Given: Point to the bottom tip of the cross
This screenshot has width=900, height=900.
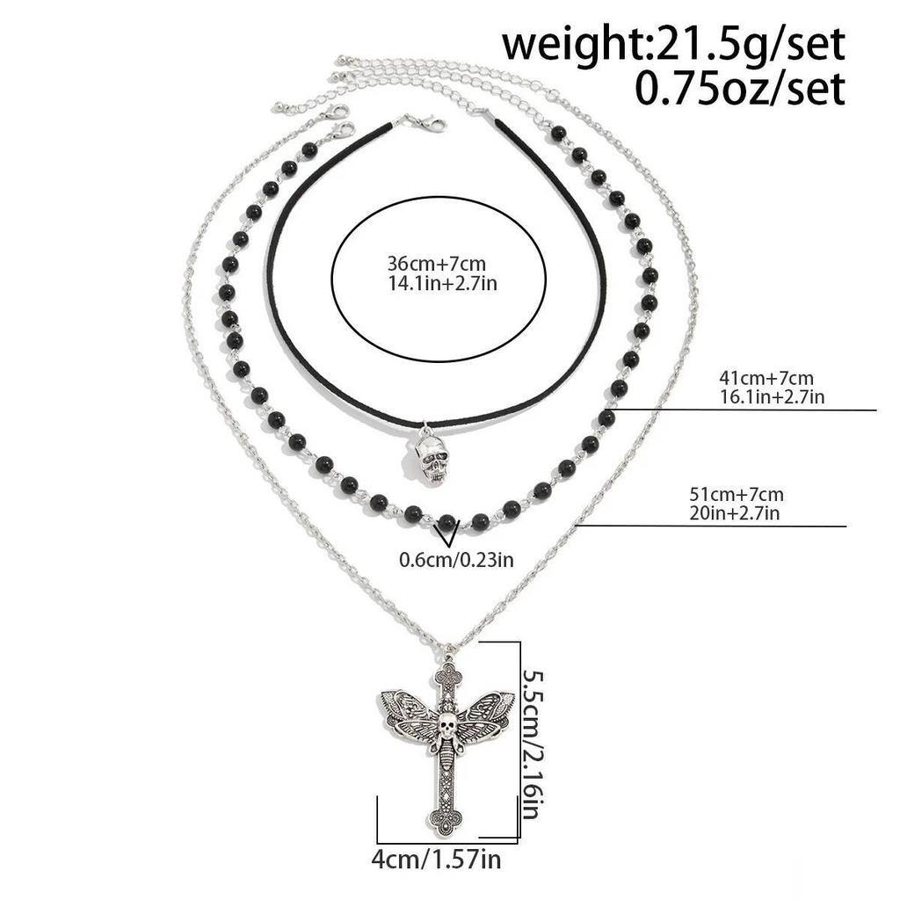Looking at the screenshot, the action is pyautogui.click(x=446, y=836).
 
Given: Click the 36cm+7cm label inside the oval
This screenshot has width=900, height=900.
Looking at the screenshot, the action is pyautogui.click(x=437, y=264).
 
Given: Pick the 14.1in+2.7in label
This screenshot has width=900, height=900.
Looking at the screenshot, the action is pyautogui.click(x=442, y=284).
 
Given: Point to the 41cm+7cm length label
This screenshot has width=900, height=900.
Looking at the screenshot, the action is pyautogui.click(x=766, y=378).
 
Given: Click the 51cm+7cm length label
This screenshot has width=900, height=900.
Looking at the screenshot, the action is pyautogui.click(x=737, y=494).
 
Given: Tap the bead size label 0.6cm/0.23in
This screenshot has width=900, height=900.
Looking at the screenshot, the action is pyautogui.click(x=456, y=559).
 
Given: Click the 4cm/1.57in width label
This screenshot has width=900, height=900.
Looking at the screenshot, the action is pyautogui.click(x=436, y=860).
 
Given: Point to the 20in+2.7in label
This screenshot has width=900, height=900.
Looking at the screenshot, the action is pyautogui.click(x=735, y=512).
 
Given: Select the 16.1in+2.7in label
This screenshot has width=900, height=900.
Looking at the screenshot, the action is pyautogui.click(x=772, y=396).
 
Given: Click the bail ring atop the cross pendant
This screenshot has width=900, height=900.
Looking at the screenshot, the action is pyautogui.click(x=448, y=653).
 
